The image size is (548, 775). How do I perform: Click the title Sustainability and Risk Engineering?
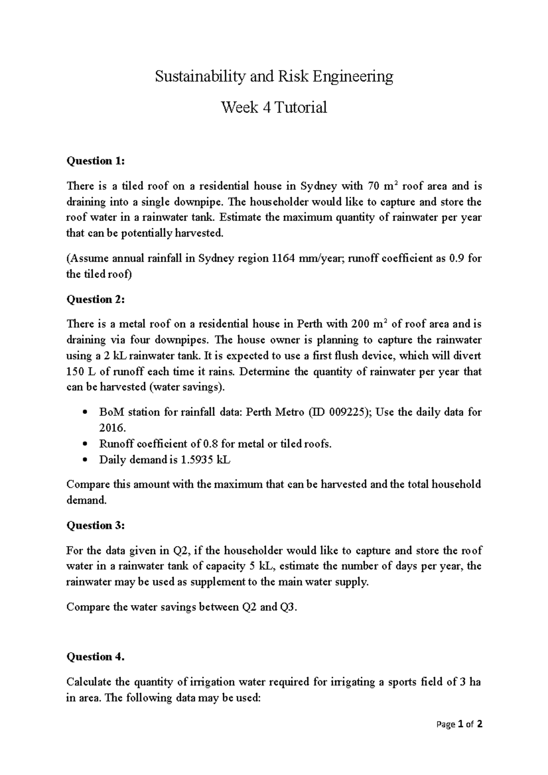pos(274,76)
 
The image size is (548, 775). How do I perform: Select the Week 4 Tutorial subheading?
pos(274,108)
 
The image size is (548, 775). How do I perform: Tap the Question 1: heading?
pos(95,161)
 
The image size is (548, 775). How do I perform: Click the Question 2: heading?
pos(95,299)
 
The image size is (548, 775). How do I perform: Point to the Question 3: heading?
pos(95,525)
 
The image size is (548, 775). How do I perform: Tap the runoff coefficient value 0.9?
pos(457,258)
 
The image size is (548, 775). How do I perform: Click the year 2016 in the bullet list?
pos(111,428)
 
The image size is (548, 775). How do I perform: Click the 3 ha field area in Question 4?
pos(470,682)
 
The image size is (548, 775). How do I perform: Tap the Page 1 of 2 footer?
pos(459,724)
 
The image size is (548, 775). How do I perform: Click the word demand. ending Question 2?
pos(86,500)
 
